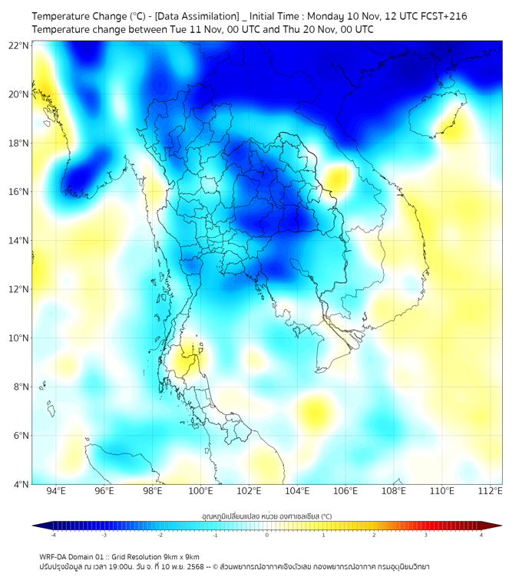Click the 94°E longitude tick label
tap(56, 491)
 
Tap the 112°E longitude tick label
tap(490, 491)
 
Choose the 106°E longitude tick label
tap(345, 491)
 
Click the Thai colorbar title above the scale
tap(266, 516)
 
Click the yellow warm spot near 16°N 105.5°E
tap(335, 180)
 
